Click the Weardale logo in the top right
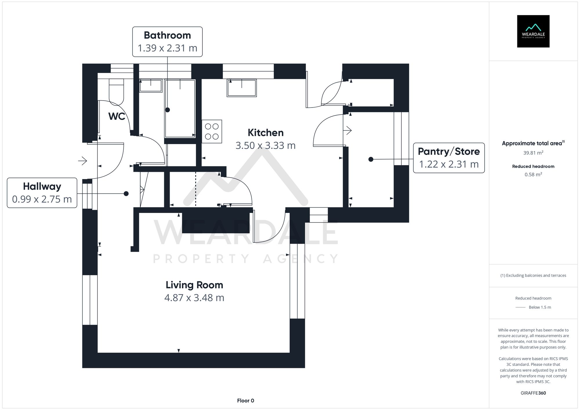coord(533,31)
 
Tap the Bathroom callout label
coord(167,41)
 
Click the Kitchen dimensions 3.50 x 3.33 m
coord(265,145)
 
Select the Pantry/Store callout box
coord(449,158)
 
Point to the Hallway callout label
coord(42,193)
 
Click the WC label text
coord(117,116)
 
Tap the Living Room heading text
coord(194,285)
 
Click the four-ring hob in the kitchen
coord(212,132)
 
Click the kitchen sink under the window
coord(242,88)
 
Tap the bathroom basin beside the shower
coord(151,86)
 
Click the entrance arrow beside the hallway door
coord(83,161)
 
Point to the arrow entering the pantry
coord(347,130)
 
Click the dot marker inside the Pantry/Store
coord(371,159)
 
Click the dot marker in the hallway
coord(126,194)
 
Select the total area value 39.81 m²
coord(533,153)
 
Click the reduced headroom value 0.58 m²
coord(533,174)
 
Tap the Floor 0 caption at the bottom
coord(245,400)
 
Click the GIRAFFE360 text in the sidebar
coord(533,393)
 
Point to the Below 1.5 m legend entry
coord(539,307)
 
